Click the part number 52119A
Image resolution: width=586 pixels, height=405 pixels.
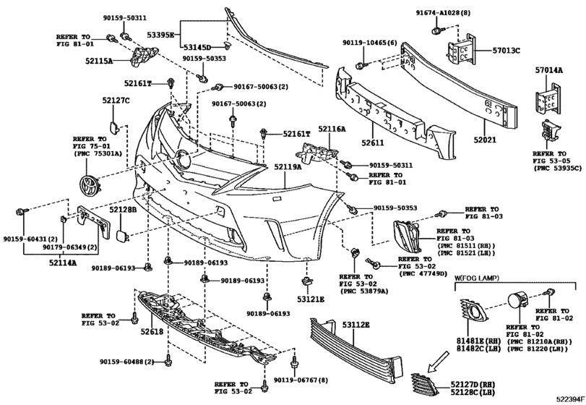tap(288, 167)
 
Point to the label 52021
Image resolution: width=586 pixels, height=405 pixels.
tap(485, 140)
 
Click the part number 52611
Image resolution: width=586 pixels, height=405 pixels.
tap(373, 142)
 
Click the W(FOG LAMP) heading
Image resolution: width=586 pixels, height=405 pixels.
tap(476, 278)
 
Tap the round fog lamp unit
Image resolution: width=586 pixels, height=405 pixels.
tap(517, 302)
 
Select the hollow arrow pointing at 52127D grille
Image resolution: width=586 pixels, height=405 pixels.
tap(438, 362)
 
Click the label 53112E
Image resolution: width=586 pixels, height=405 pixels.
tap(356, 325)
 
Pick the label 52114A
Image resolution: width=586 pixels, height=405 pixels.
tap(62, 263)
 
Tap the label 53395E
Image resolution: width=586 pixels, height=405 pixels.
tap(160, 35)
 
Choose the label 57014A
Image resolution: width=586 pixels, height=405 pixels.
tap(549, 69)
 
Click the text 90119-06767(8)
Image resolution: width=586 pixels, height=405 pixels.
tap(301, 380)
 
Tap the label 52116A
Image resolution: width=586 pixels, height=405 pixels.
tap(332, 129)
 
